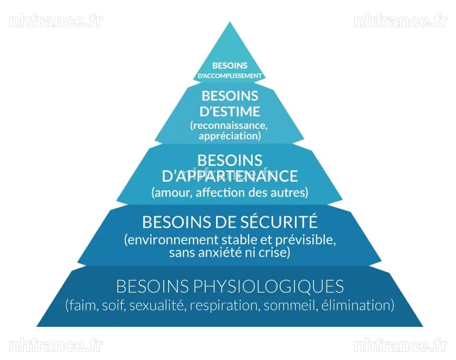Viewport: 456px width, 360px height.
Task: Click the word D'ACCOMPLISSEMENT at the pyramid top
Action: coord(230,76)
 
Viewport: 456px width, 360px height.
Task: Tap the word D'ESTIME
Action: coord(230,111)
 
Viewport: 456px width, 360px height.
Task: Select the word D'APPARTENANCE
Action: coord(230,176)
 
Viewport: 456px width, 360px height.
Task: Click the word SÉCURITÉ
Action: coord(280,221)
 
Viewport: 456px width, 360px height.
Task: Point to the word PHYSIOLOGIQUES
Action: coord(268,286)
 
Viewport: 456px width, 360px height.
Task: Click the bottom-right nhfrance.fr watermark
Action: coord(400,345)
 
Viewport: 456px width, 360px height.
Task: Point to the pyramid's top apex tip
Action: coord(230,22)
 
